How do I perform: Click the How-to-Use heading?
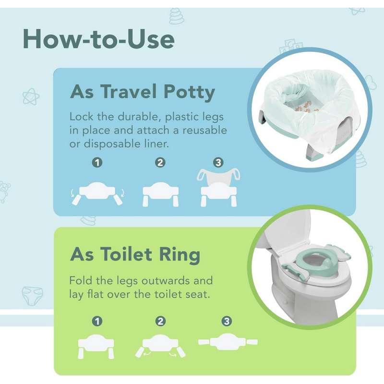tap(98, 39)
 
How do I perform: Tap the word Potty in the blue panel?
tap(189, 93)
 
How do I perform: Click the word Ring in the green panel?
tap(180, 255)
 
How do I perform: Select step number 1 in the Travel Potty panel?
tap(97, 163)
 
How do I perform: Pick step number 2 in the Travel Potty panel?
tap(160, 163)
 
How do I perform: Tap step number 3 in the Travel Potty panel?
tap(218, 163)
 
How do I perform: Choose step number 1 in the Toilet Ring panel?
tap(97, 321)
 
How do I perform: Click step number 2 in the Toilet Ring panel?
tap(160, 321)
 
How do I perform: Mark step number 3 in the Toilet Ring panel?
tap(227, 321)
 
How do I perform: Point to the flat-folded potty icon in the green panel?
tap(228, 342)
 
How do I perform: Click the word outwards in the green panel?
tap(165, 281)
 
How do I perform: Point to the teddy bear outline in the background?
tap(4, 192)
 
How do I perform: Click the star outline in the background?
tap(31, 96)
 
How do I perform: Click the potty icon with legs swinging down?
tap(97, 194)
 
